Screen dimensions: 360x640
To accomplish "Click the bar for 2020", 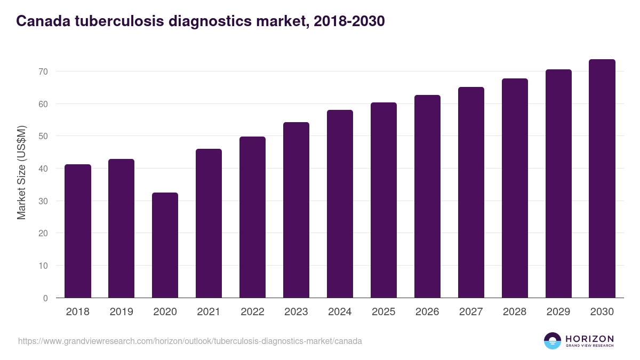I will pyautogui.click(x=165, y=245).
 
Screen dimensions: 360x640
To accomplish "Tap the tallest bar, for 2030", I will pyautogui.click(x=602, y=179).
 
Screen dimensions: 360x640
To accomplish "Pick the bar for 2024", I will pyautogui.click(x=340, y=204).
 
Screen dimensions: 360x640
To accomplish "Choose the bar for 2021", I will pyautogui.click(x=209, y=223).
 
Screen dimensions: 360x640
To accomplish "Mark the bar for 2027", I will pyautogui.click(x=471, y=193).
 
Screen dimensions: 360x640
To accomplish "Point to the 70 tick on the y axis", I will pyautogui.click(x=43, y=71).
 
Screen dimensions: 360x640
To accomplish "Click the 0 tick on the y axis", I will pyautogui.click(x=45, y=298).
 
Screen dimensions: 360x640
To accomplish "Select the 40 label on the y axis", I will pyautogui.click(x=43, y=169).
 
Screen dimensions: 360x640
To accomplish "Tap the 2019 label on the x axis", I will pyautogui.click(x=122, y=312).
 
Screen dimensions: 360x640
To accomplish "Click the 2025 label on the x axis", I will pyautogui.click(x=383, y=312).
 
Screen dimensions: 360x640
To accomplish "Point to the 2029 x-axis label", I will pyautogui.click(x=558, y=312).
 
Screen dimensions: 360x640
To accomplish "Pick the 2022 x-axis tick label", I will pyautogui.click(x=252, y=312).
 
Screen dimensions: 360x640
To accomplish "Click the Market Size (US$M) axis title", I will pyautogui.click(x=21, y=172).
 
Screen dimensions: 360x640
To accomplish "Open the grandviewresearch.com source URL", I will pyautogui.click(x=190, y=341).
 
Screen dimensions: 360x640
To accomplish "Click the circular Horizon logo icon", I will pyautogui.click(x=553, y=341).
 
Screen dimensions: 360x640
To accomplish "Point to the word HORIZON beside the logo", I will pyautogui.click(x=589, y=339).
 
